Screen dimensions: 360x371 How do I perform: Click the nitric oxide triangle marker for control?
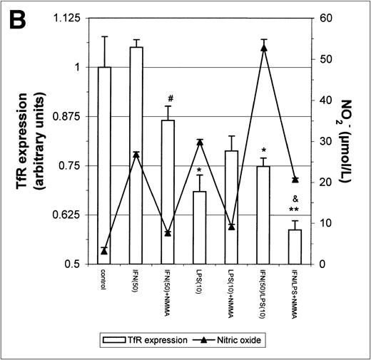coord(104,251)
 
